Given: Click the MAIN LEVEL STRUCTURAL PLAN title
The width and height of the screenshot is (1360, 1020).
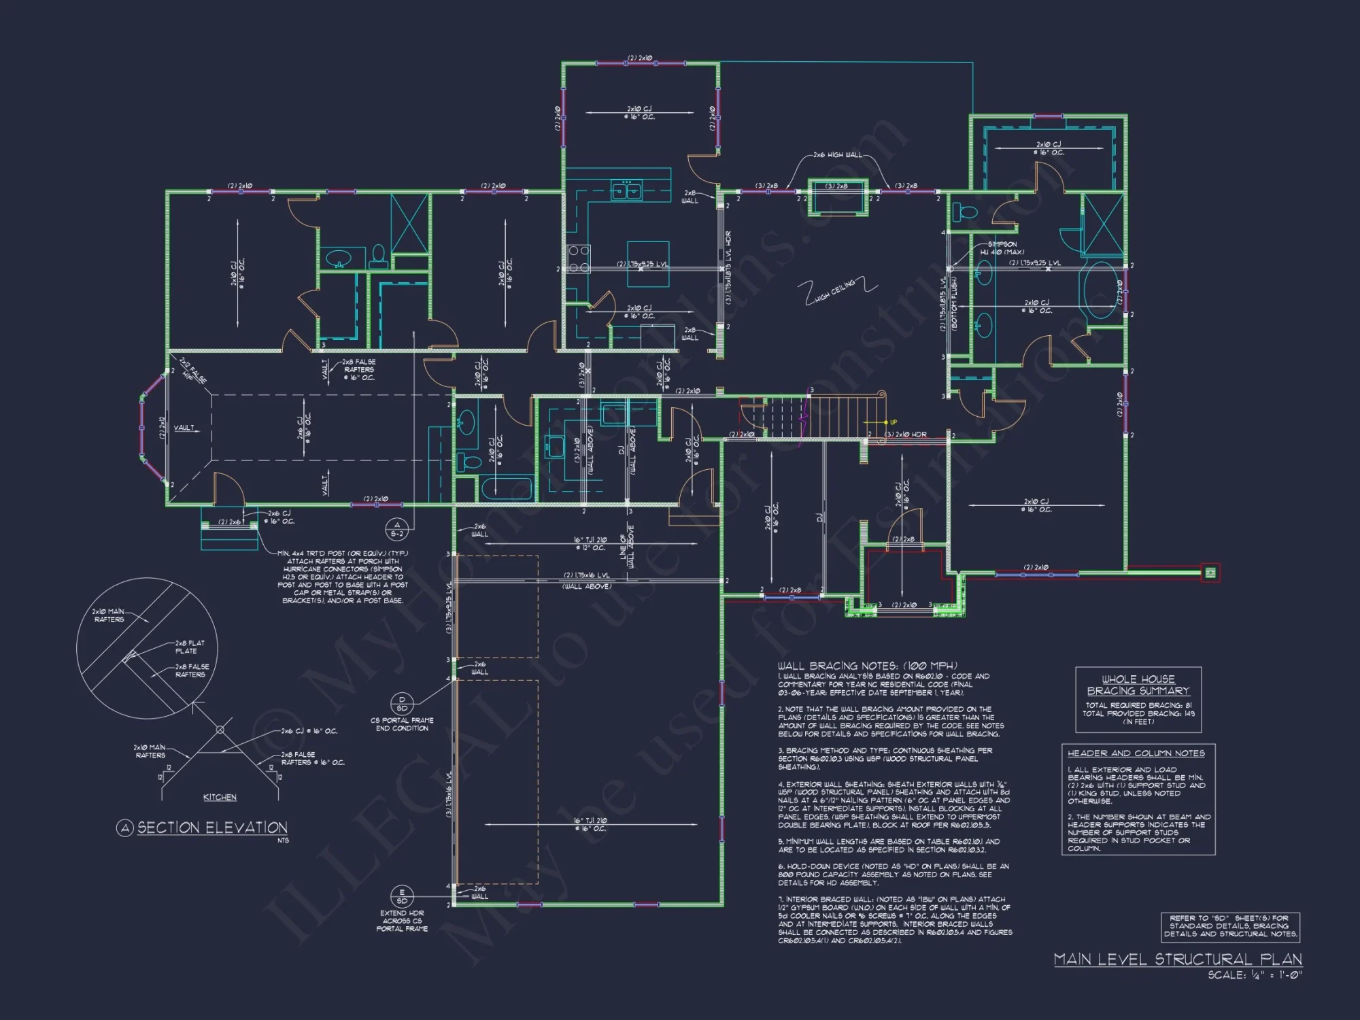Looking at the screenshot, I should (x=1178, y=959).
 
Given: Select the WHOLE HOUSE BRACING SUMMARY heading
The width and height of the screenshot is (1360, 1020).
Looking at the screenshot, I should (x=1138, y=685).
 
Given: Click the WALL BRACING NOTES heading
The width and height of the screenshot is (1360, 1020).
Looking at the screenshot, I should (x=867, y=666).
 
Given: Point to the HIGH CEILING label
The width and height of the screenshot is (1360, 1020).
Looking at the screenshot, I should (x=836, y=290).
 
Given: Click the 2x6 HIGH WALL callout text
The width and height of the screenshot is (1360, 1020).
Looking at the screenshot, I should (x=837, y=155).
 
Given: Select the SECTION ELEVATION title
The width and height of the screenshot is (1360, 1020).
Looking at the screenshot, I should (x=211, y=828).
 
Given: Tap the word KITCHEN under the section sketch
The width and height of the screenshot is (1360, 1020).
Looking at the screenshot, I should (x=220, y=797).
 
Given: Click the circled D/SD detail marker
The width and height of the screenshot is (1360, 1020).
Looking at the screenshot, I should (x=402, y=704).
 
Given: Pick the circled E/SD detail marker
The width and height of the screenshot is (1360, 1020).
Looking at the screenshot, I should (x=402, y=896).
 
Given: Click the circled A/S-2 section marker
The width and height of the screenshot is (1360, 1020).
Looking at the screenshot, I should (x=396, y=529).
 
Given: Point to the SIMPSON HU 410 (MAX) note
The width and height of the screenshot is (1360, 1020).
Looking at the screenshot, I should (x=1002, y=248).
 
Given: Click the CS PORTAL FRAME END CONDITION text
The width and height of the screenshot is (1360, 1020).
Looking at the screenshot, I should (x=402, y=724).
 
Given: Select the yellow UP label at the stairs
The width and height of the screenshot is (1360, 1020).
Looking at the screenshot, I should (x=894, y=422).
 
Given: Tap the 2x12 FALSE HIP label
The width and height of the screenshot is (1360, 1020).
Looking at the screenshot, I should (x=193, y=371).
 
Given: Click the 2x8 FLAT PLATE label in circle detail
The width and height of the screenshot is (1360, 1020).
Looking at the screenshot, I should (x=190, y=647).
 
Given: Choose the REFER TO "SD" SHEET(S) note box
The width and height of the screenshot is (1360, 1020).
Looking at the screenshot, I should (x=1230, y=926).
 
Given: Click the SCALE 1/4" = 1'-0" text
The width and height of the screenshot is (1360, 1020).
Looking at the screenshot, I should (x=1255, y=975).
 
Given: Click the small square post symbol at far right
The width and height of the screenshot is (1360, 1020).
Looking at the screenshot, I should (x=1210, y=573).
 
